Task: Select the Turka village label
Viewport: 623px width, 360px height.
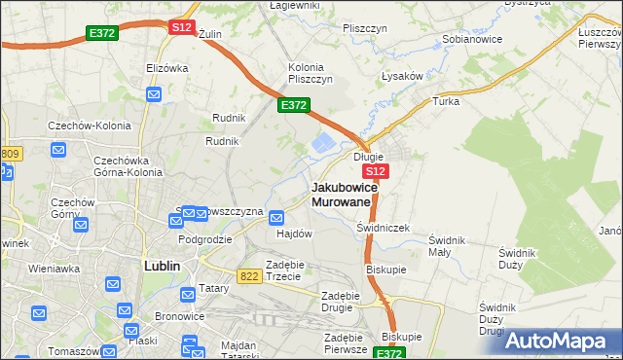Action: pyautogui.click(x=446, y=101)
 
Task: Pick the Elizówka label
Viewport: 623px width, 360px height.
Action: pyautogui.click(x=166, y=68)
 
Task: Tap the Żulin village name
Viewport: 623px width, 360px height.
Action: pyautogui.click(x=209, y=34)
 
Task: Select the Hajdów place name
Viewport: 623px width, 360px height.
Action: pyautogui.click(x=294, y=234)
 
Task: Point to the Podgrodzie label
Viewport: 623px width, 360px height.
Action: pyautogui.click(x=204, y=238)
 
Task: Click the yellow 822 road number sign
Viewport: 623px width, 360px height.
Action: pyautogui.click(x=248, y=276)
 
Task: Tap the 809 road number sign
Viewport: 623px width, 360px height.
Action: pyautogui.click(x=10, y=154)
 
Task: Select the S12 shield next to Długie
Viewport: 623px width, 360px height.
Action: pyautogui.click(x=378, y=171)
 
